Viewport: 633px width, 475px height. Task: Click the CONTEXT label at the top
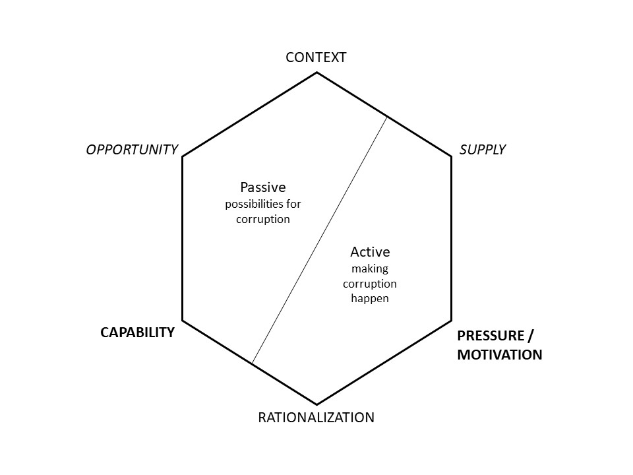[x=316, y=57]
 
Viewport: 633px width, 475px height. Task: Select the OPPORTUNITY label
[x=132, y=150]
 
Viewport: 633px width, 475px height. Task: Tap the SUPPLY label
[x=482, y=150]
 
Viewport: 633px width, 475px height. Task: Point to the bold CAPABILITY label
[x=137, y=332]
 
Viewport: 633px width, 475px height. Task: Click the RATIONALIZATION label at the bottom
[x=316, y=418]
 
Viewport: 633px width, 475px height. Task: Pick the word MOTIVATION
[x=499, y=355]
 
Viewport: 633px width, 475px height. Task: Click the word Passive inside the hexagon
[x=263, y=187]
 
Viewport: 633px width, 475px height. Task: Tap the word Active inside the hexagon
[x=370, y=252]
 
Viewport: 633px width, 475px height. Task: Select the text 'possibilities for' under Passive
[x=263, y=204]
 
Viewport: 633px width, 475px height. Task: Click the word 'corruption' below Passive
[x=263, y=219]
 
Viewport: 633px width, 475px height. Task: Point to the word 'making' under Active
[x=370, y=269]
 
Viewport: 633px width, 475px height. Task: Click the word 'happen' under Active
[x=370, y=298]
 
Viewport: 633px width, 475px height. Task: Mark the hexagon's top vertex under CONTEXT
[x=316, y=73]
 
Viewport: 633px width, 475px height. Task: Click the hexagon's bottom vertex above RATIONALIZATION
[x=316, y=404]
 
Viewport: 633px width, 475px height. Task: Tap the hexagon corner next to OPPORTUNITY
[x=183, y=156]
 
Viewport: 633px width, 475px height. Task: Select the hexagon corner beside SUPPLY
[x=451, y=156]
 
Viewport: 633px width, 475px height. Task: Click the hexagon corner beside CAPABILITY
[x=183, y=321]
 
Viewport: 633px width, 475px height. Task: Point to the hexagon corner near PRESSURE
[x=451, y=321]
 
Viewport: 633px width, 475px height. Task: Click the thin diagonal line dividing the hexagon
[x=319, y=239]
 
